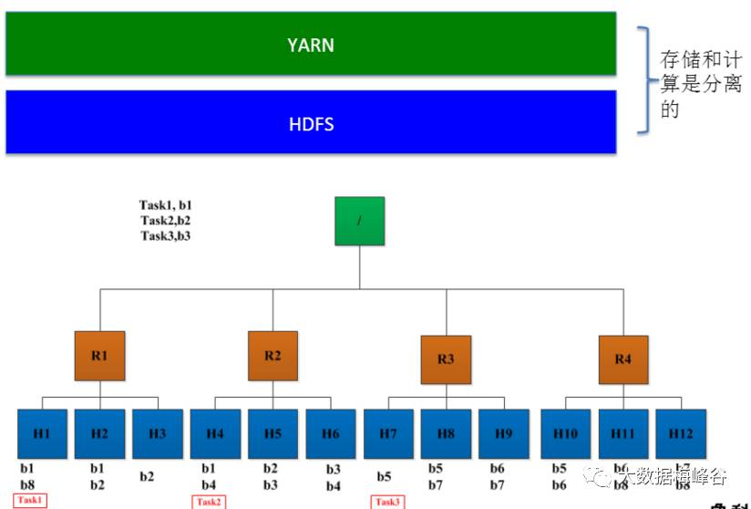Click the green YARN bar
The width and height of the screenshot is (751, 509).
[311, 45]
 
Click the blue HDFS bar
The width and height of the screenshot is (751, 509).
[311, 122]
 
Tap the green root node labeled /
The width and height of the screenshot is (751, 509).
[359, 221]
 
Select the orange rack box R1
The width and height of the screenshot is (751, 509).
[99, 356]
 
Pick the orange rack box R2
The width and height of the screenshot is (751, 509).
[273, 356]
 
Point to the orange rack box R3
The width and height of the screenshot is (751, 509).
[446, 359]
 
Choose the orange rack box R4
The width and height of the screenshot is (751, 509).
[622, 359]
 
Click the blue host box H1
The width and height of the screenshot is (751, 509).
[42, 433]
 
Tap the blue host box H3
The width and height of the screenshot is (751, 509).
[157, 433]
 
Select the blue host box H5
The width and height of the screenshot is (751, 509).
[273, 433]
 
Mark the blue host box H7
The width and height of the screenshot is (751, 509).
[388, 433]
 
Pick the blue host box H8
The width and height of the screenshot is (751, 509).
[446, 433]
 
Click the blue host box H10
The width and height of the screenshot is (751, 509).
[565, 433]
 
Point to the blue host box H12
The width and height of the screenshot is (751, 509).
[680, 433]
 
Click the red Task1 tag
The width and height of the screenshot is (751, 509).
[30, 500]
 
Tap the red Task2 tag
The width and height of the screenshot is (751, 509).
[209, 501]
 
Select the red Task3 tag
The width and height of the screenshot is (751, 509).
[387, 501]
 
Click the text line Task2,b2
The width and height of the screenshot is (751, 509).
[165, 220]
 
